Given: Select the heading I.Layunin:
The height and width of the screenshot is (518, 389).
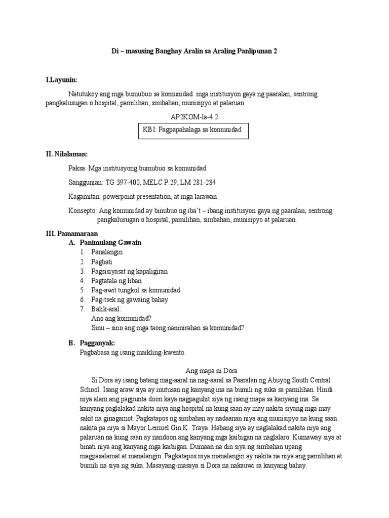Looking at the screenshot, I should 61,80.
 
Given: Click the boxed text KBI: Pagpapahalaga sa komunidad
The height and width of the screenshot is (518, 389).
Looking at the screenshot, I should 193,131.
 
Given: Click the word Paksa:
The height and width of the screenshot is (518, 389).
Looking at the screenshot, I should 77,168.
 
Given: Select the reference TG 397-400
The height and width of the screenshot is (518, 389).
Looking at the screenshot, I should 124,182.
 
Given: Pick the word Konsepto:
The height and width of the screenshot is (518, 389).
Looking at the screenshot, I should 83,210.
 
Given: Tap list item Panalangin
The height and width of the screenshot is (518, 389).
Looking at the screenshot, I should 107,252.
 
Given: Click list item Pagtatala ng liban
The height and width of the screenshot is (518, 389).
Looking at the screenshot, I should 116,280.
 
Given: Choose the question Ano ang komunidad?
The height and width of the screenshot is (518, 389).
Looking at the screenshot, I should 122,318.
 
